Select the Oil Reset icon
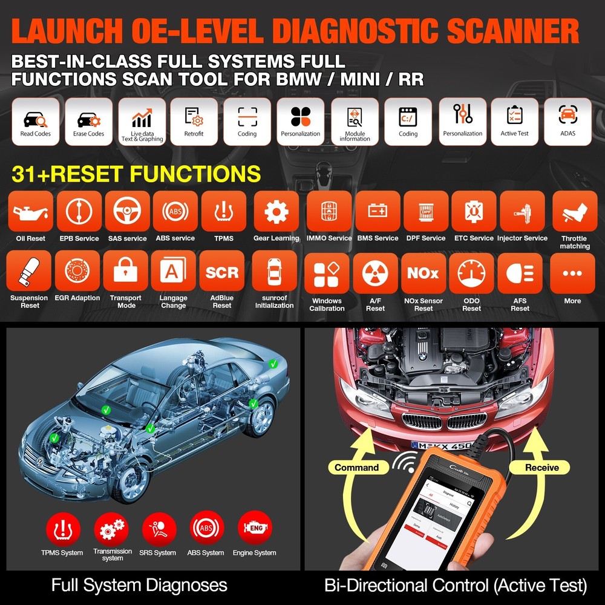[x=30, y=212]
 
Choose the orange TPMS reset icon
[x=223, y=212]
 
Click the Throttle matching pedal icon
[x=574, y=212]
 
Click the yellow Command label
[x=356, y=467]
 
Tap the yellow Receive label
[x=533, y=467]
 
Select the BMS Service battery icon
[x=378, y=212]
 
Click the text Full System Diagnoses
[x=139, y=585]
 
